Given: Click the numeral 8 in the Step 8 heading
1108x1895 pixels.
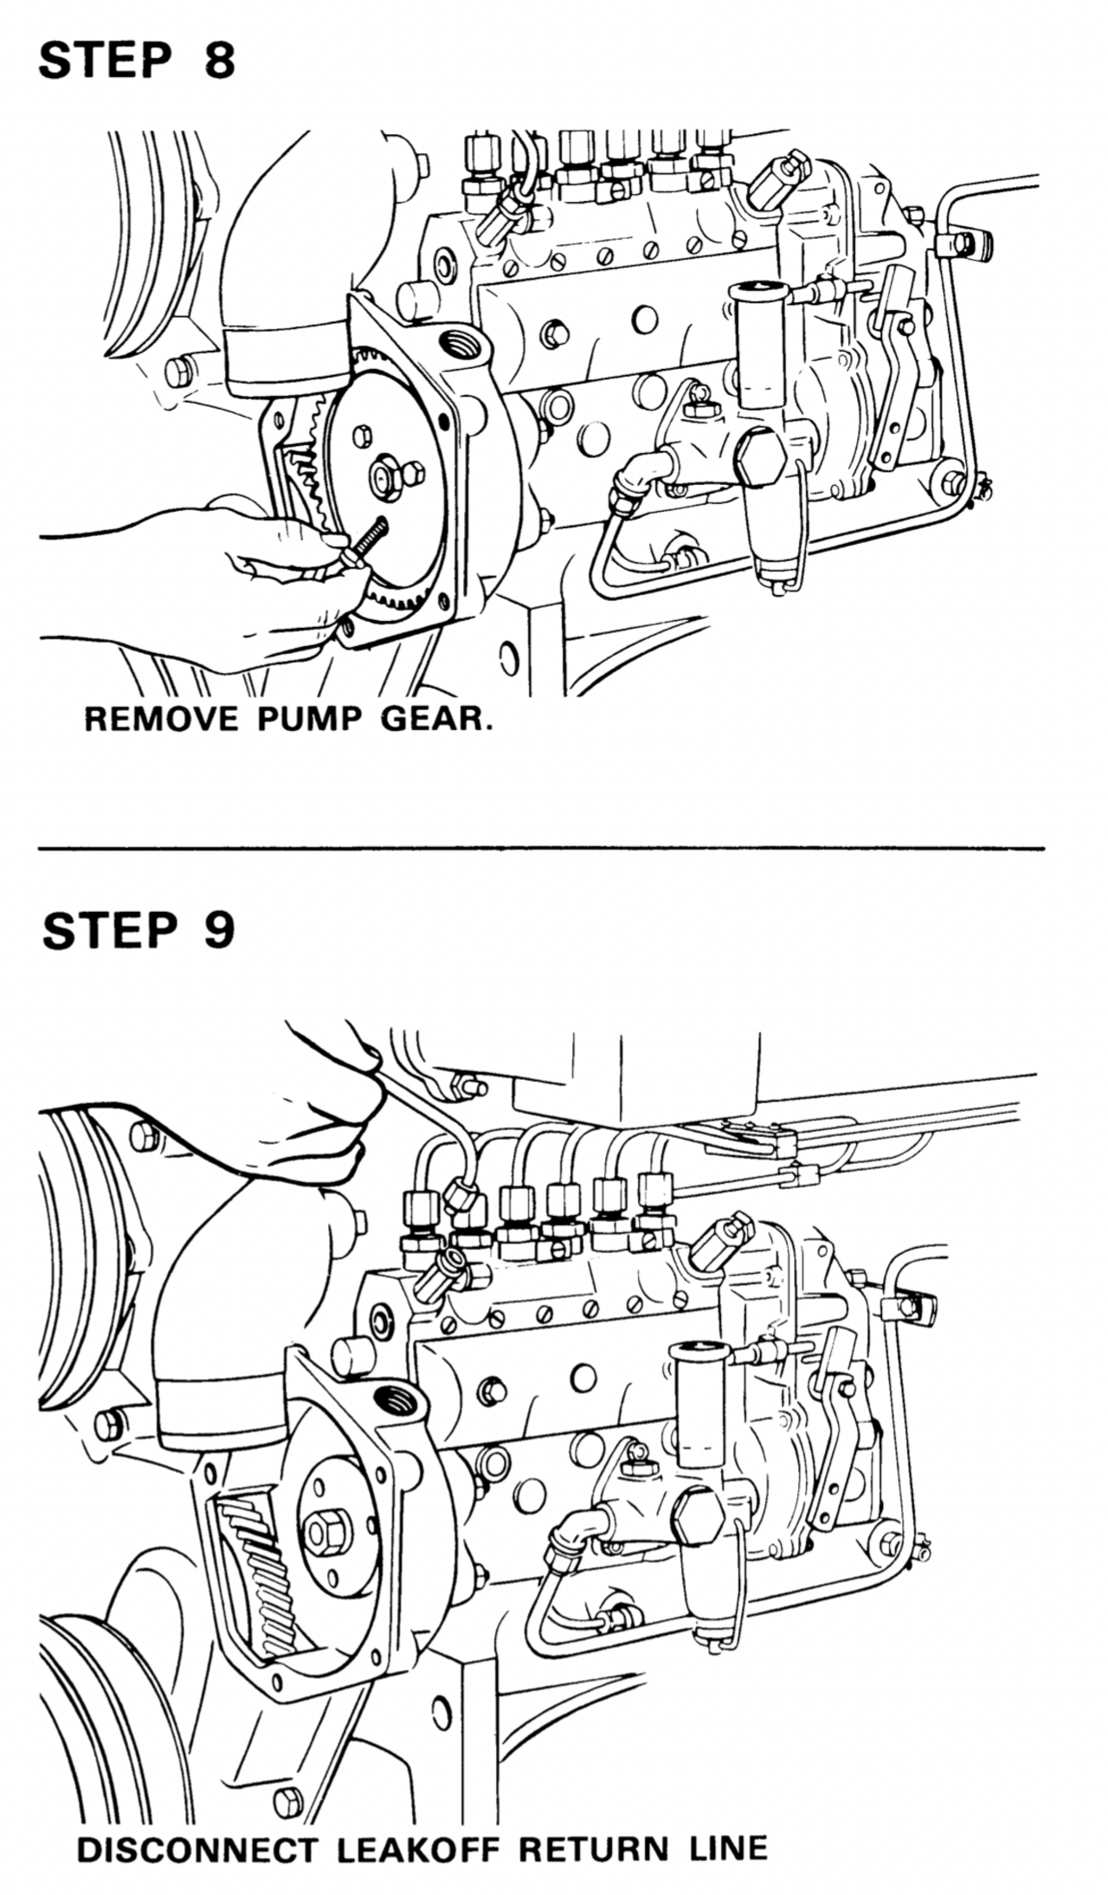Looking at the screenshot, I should click(219, 61).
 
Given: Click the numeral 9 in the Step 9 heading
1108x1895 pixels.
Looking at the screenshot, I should click(219, 931).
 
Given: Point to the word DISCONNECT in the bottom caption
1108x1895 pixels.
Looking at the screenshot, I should click(196, 1843).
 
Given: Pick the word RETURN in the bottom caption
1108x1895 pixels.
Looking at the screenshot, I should click(593, 1843).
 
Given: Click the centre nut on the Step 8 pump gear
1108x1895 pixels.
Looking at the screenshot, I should click(383, 475).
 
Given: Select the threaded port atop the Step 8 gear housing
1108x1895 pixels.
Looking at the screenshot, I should click(459, 349).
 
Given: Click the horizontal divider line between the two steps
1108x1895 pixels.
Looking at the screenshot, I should click(541, 848).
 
